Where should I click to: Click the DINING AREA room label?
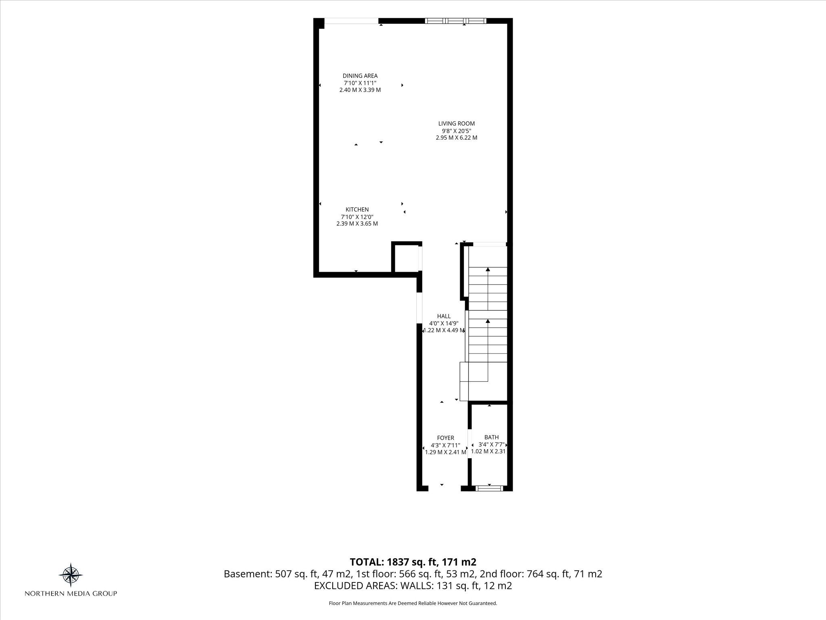[360, 76]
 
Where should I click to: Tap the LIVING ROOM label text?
[457, 124]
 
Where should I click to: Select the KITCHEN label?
[357, 209]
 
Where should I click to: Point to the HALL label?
[444, 316]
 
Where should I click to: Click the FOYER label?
[445, 438]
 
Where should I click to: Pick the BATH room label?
[491, 437]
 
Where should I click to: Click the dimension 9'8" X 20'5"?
[457, 131]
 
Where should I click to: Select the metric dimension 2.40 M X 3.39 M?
[360, 90]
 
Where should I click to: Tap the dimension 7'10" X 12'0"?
[357, 217]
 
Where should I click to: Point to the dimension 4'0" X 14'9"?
[444, 323]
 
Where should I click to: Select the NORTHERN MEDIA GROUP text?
[71, 593]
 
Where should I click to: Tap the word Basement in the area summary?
[246, 574]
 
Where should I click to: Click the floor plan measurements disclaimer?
[413, 603]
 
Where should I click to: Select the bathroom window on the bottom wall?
[489, 488]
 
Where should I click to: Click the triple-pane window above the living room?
[456, 21]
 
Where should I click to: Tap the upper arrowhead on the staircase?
[488, 269]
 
